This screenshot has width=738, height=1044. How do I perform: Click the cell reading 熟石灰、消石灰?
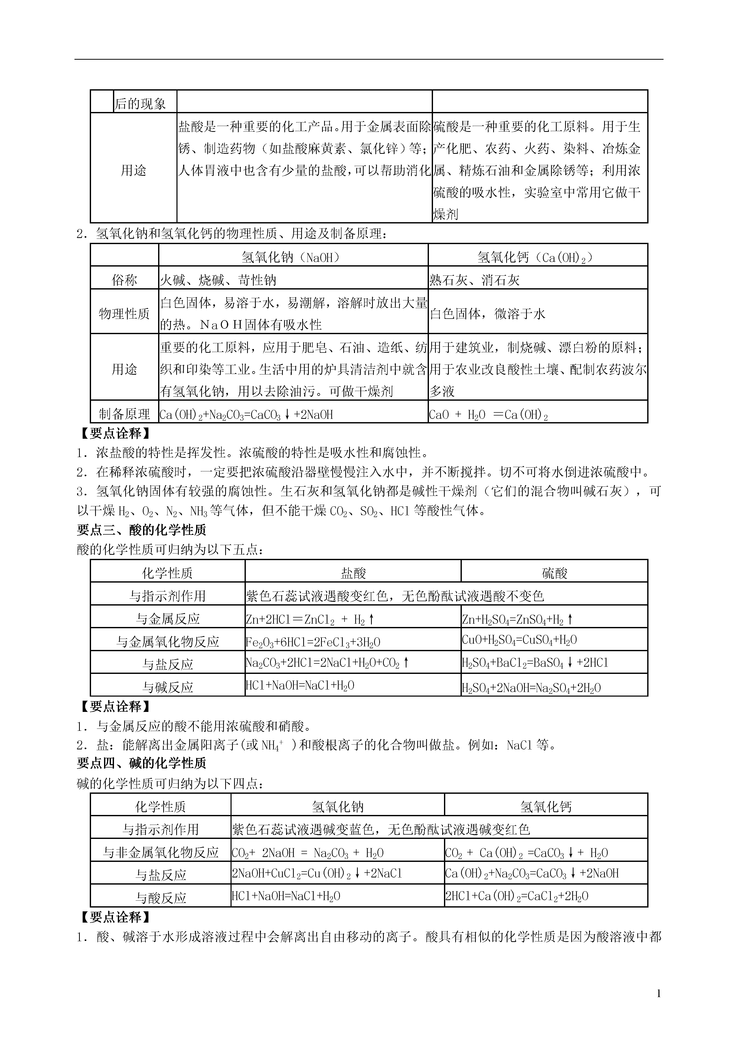click(474, 280)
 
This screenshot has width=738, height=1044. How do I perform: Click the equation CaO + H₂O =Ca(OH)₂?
click(488, 415)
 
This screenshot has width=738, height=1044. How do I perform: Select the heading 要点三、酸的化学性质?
click(142, 530)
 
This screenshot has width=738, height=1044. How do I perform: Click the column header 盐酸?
click(353, 573)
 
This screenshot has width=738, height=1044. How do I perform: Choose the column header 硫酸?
click(554, 573)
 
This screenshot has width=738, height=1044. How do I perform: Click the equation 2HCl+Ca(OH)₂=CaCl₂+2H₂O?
click(517, 896)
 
